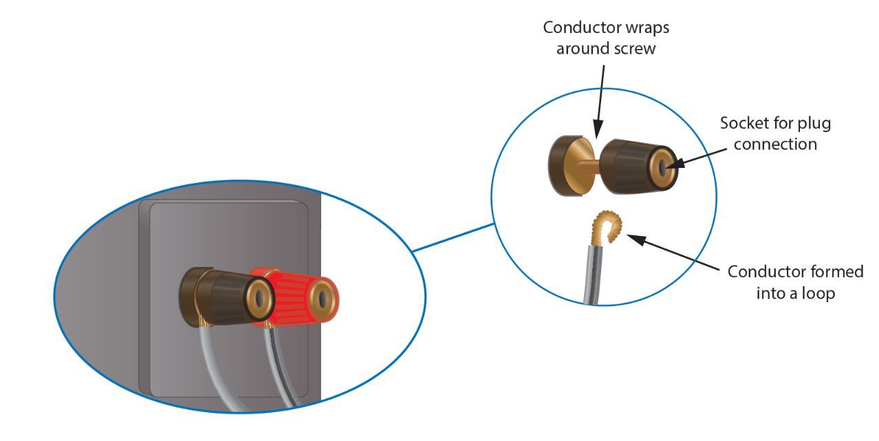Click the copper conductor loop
609,228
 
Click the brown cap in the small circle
629,165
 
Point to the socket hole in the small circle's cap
662,167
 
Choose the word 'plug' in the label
817,125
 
